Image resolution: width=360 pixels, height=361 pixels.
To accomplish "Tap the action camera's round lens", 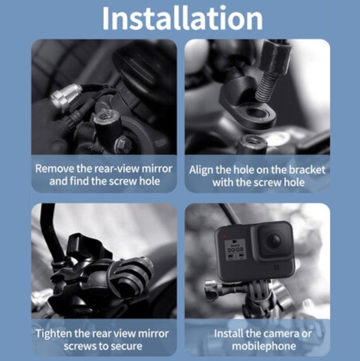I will (273, 241).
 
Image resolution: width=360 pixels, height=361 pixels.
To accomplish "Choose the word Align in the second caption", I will (203, 169).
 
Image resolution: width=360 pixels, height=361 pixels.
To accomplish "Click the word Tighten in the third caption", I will (56, 333).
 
